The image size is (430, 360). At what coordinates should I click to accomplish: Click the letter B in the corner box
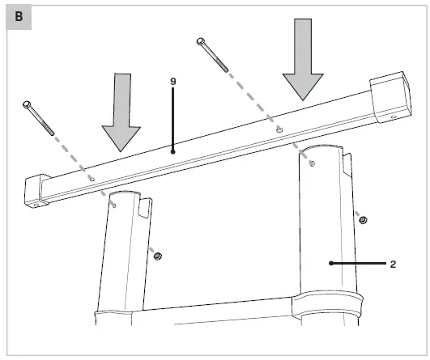[18, 17]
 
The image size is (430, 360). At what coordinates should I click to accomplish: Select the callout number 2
[393, 264]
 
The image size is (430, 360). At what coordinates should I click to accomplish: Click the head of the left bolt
[28, 105]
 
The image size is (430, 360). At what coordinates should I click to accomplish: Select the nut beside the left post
[157, 256]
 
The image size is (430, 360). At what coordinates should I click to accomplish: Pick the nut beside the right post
[363, 219]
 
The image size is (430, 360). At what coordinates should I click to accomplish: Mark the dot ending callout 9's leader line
[173, 150]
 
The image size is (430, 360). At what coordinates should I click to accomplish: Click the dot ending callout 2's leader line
[330, 263]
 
